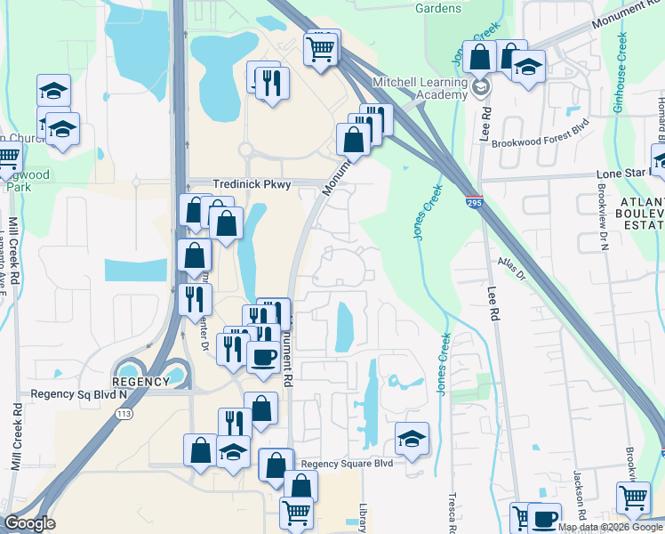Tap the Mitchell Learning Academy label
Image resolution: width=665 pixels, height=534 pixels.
click(x=421, y=88)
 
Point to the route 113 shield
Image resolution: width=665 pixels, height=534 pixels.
click(x=124, y=414)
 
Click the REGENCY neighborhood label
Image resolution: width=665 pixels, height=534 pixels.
click(x=140, y=382)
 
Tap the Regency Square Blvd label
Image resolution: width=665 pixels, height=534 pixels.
click(x=347, y=464)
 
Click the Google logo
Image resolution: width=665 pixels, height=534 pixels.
click(x=29, y=523)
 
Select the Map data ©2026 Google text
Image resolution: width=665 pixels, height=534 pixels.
click(x=611, y=527)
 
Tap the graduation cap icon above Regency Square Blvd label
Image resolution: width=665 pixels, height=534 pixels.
click(x=412, y=437)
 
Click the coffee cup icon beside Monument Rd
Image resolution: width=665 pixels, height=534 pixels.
click(x=261, y=357)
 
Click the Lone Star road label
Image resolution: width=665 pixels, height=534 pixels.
click(x=628, y=174)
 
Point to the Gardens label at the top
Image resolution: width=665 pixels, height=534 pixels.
click(x=438, y=8)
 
